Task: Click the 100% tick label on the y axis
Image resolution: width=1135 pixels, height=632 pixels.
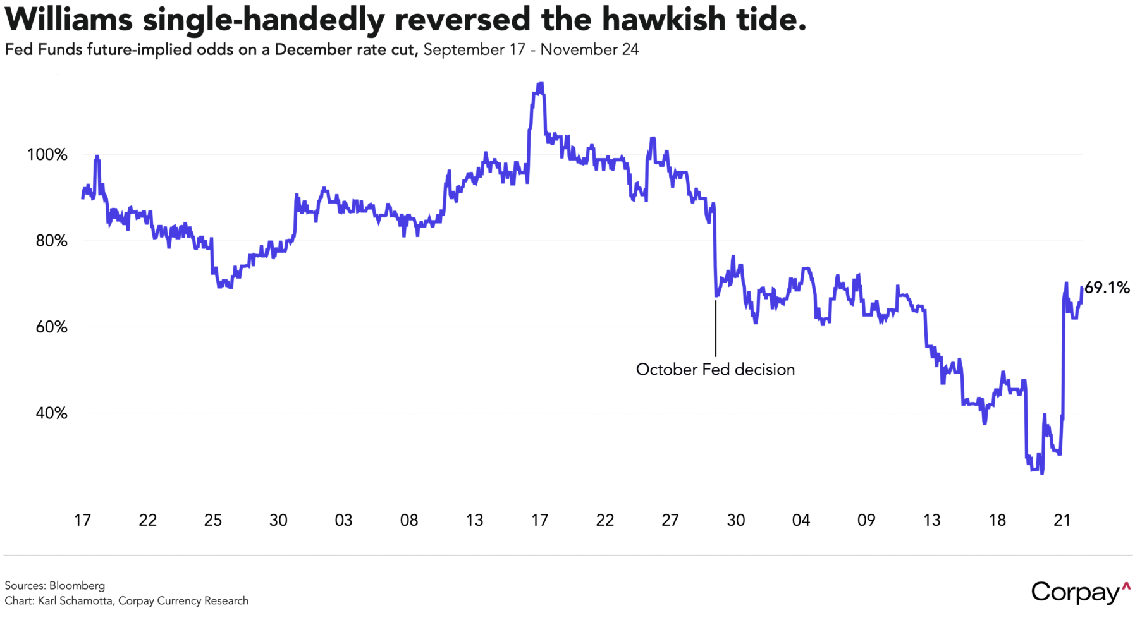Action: [47, 155]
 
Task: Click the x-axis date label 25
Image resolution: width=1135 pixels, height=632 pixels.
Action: [213, 520]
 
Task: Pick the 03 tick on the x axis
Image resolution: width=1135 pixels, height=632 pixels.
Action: [343, 520]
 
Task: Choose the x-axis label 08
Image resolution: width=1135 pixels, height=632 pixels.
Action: [409, 520]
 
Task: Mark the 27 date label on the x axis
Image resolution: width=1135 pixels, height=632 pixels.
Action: [670, 520]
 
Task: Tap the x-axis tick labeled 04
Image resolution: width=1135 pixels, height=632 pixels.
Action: [801, 520]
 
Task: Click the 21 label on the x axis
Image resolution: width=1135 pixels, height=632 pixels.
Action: [1062, 520]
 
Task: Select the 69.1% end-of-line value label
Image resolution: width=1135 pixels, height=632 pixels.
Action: [1107, 288]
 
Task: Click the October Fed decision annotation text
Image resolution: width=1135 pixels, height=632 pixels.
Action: [715, 370]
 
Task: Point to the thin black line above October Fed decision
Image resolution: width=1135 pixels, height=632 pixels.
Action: [716, 329]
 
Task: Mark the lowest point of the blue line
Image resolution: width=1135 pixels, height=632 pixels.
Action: [1041, 473]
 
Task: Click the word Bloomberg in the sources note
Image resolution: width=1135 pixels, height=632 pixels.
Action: [77, 586]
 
